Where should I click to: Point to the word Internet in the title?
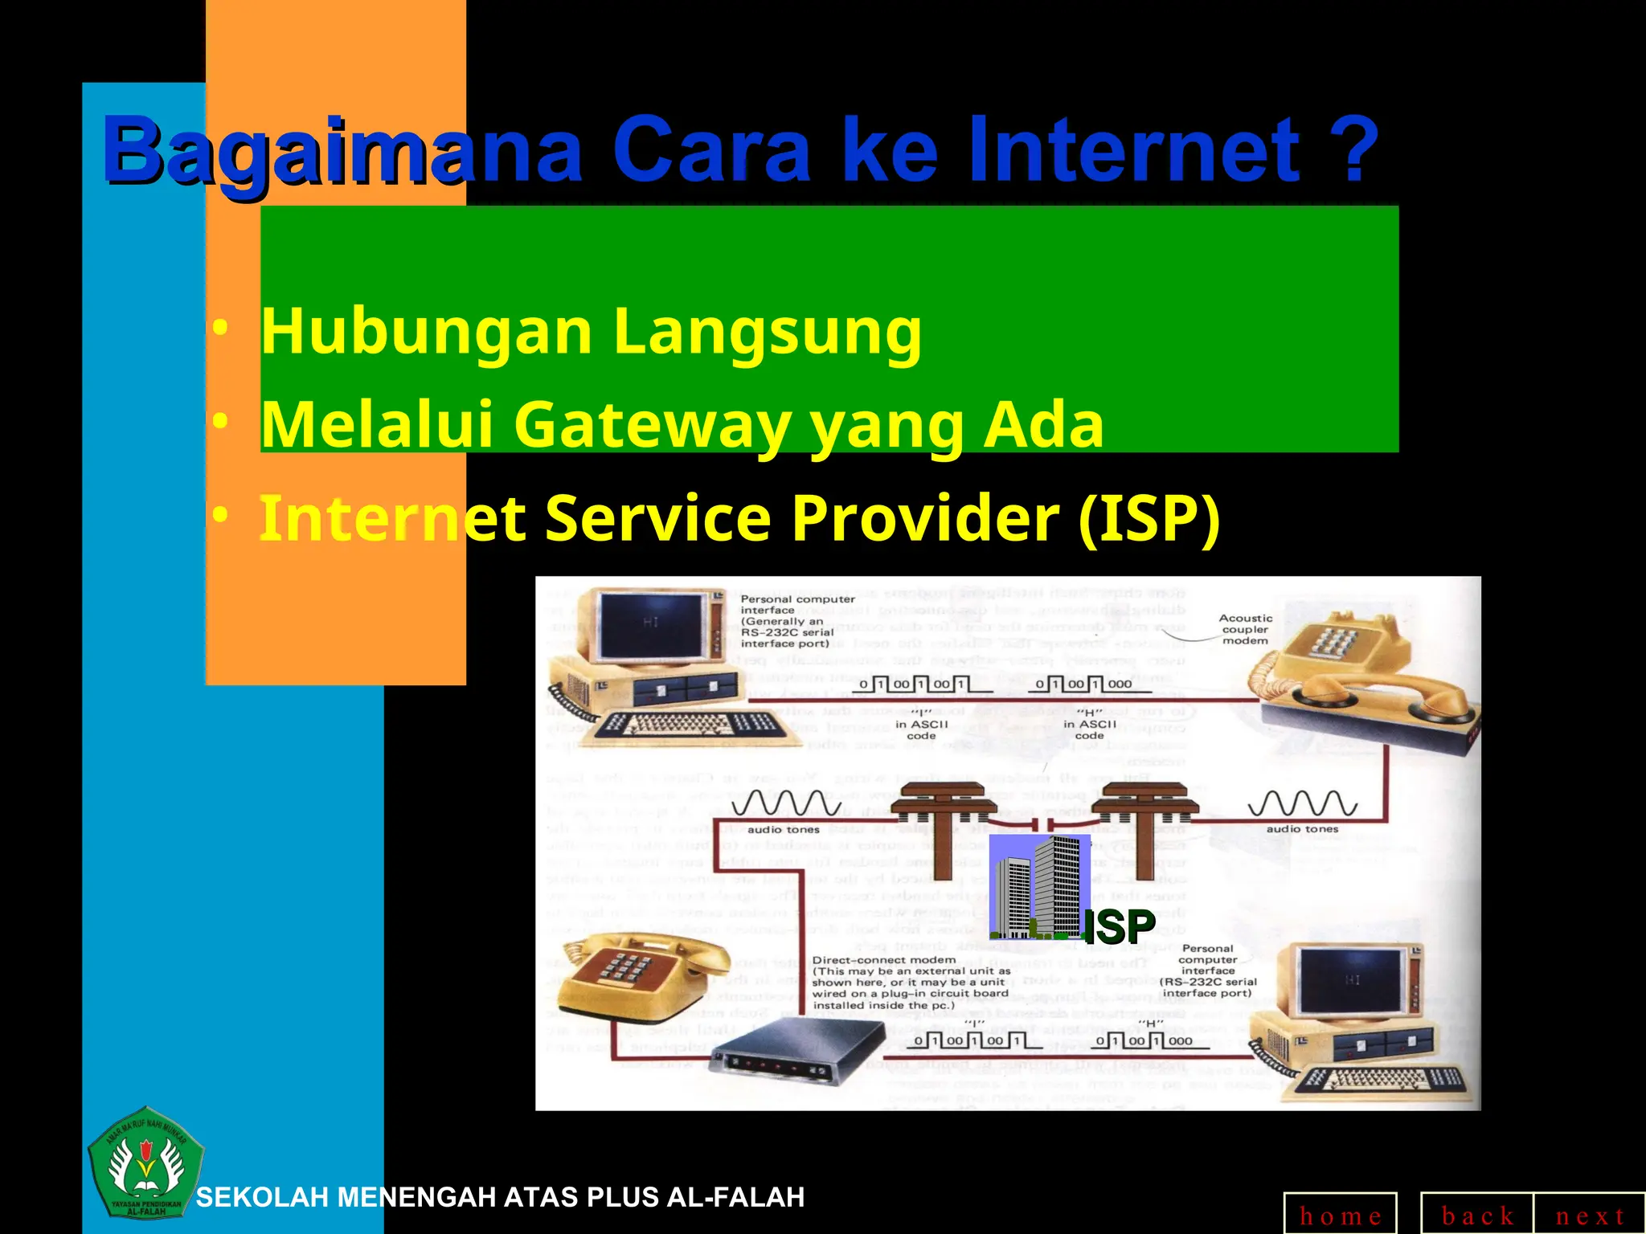1133,150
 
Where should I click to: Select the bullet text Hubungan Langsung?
591,331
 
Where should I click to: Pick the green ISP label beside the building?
1119,927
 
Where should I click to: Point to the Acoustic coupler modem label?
1245,629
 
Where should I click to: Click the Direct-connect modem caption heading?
883,960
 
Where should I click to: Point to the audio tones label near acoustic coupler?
1302,829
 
